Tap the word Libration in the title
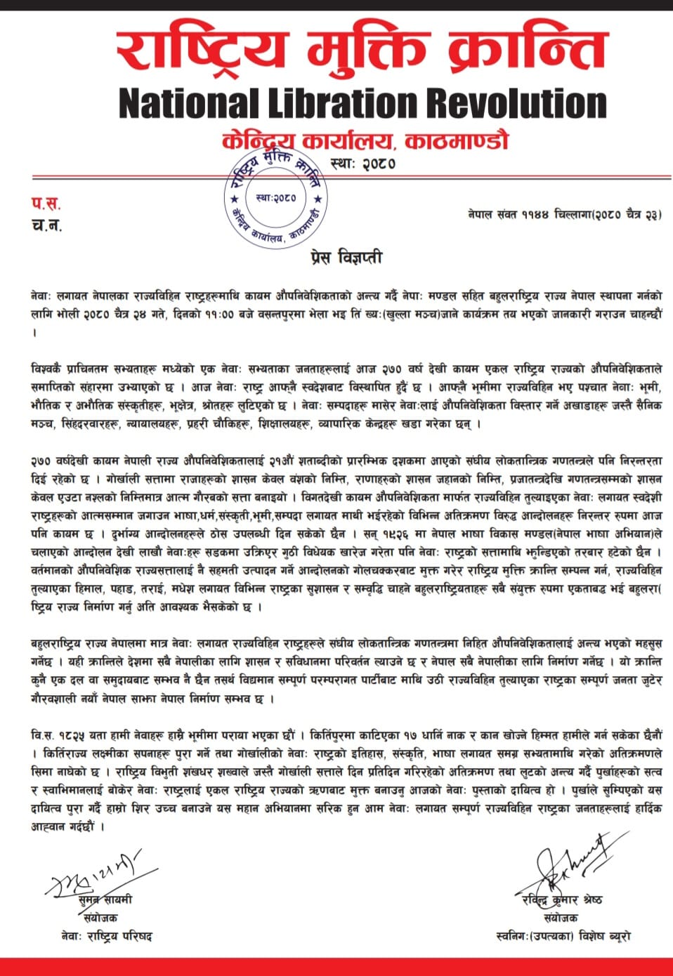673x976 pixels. [x=344, y=104]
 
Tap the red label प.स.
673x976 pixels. [x=46, y=204]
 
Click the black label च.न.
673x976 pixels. [x=46, y=225]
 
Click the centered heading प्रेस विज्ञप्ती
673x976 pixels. [x=346, y=257]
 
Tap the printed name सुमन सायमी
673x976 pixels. [x=105, y=899]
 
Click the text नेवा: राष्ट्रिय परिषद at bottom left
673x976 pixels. [x=106, y=937]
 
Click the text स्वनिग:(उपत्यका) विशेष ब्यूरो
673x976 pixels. [x=562, y=937]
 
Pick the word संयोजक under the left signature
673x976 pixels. [x=100, y=918]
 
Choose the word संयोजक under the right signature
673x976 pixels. [x=561, y=918]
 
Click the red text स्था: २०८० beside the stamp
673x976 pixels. [x=362, y=164]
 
